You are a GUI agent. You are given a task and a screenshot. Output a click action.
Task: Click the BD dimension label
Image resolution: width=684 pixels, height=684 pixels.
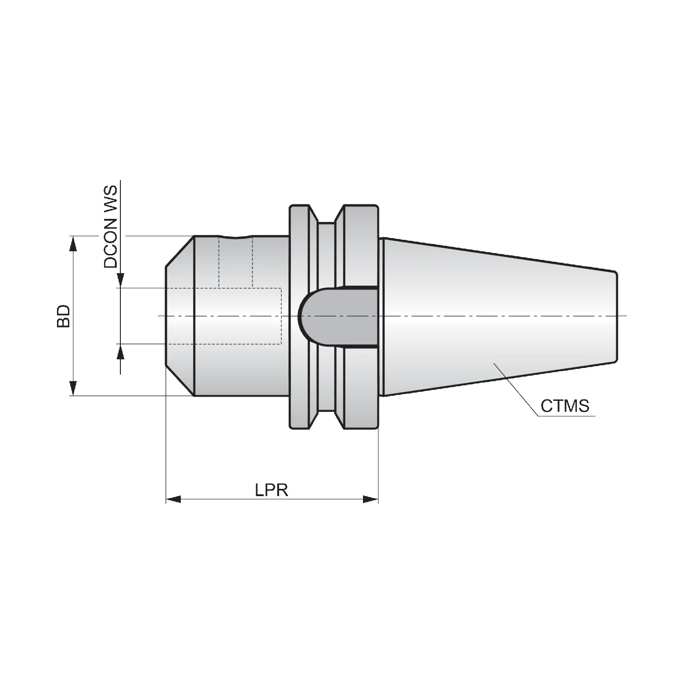64,316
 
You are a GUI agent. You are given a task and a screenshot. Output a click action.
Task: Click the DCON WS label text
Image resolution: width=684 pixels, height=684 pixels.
110,227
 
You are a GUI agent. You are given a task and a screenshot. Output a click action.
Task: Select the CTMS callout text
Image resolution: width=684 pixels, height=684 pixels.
565,405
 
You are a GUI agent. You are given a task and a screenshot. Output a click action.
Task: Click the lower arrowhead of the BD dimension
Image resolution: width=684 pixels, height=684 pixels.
72,389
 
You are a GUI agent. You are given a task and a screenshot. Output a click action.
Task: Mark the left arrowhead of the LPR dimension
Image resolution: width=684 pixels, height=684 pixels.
173,499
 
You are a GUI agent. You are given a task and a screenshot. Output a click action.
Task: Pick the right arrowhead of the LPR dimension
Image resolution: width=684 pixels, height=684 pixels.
370,499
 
